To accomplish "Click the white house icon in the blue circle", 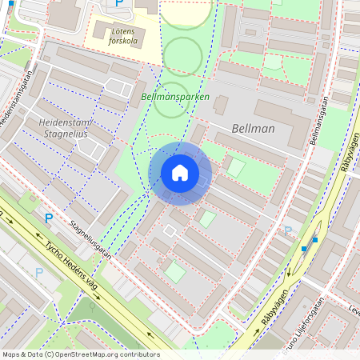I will tap(180, 172).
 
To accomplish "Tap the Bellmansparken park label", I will tap(174, 97).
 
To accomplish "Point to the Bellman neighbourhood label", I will tap(252, 128).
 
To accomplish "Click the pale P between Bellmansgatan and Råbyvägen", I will tap(288, 231).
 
